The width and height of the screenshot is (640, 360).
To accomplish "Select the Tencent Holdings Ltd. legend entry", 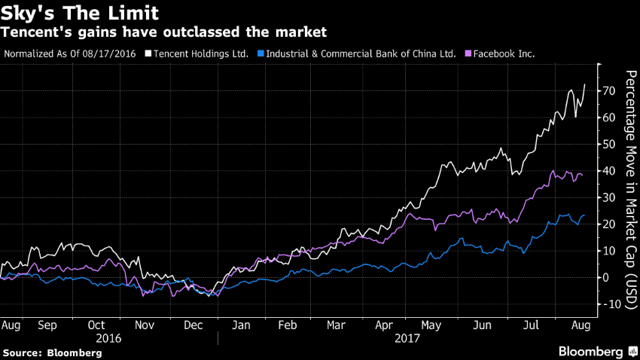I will pyautogui.click(x=201, y=54).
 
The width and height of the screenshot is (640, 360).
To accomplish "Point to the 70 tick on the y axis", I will pyautogui.click(x=608, y=91).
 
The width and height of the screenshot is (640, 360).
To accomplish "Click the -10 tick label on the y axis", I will pyautogui.click(x=611, y=304).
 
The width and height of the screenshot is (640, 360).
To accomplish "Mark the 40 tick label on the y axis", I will pyautogui.click(x=608, y=171).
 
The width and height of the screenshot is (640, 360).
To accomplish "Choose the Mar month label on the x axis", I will pyautogui.click(x=336, y=326).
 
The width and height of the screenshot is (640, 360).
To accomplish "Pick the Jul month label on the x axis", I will pyautogui.click(x=530, y=326).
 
